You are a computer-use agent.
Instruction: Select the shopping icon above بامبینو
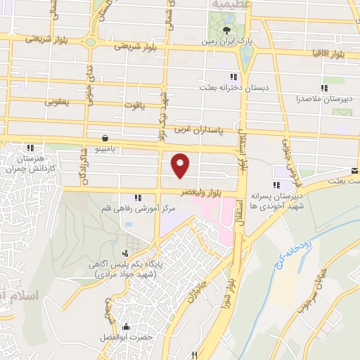coord(105,138)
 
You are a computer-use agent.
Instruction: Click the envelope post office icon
coord(354,171)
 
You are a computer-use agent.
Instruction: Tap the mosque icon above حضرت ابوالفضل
coord(126,327)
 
